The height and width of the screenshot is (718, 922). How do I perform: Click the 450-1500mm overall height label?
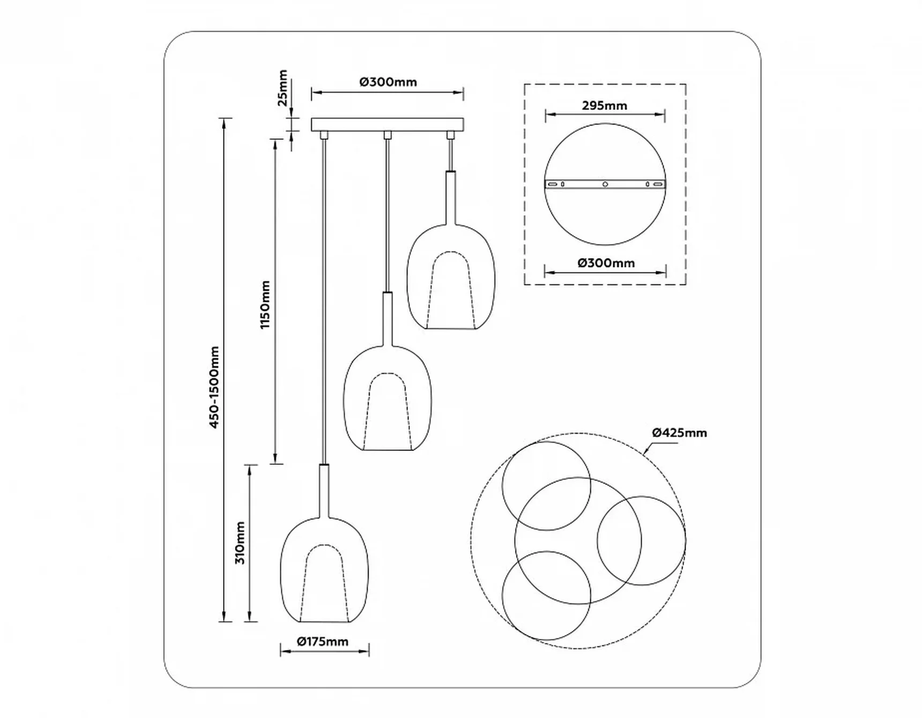pos(214,387)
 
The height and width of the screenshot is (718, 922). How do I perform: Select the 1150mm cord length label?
pos(265,305)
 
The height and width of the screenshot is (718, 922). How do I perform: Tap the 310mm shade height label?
pos(240,542)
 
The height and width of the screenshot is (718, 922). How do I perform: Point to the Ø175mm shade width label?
pos(323,641)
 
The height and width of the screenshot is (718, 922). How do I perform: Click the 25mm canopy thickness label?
pos(282,88)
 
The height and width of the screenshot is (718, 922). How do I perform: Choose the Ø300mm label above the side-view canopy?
pos(388,82)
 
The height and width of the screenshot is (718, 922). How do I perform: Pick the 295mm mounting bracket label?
pos(605,106)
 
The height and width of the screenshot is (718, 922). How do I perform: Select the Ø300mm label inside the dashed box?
pos(606,263)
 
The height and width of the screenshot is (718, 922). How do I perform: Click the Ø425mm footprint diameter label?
pos(680,432)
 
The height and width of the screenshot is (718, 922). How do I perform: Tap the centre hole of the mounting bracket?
pos(605,184)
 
